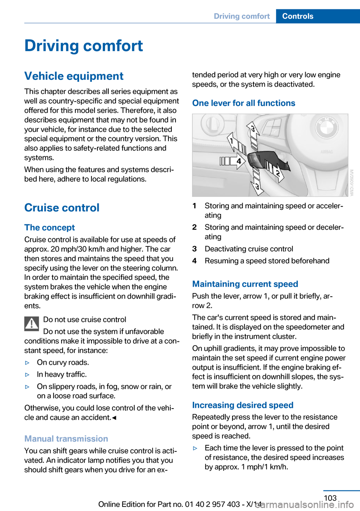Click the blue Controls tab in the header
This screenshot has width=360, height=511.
point(298,16)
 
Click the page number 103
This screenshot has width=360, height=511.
point(330,498)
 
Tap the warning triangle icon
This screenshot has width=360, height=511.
point(32,324)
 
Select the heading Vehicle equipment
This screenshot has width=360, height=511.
point(74,76)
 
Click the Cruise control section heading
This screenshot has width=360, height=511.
point(62,208)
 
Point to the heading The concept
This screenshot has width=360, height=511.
point(49,228)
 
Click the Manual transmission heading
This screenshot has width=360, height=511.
point(66,439)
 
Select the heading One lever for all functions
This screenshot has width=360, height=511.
point(244,103)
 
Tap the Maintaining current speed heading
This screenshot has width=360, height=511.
point(245,284)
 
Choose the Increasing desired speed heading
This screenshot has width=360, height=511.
point(243,405)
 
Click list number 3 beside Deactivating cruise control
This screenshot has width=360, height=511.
point(195,249)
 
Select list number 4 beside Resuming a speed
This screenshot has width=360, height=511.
point(195,261)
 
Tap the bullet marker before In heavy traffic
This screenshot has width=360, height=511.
point(27,374)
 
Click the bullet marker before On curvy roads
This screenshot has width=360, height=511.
point(27,362)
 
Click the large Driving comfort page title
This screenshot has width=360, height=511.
point(84,46)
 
